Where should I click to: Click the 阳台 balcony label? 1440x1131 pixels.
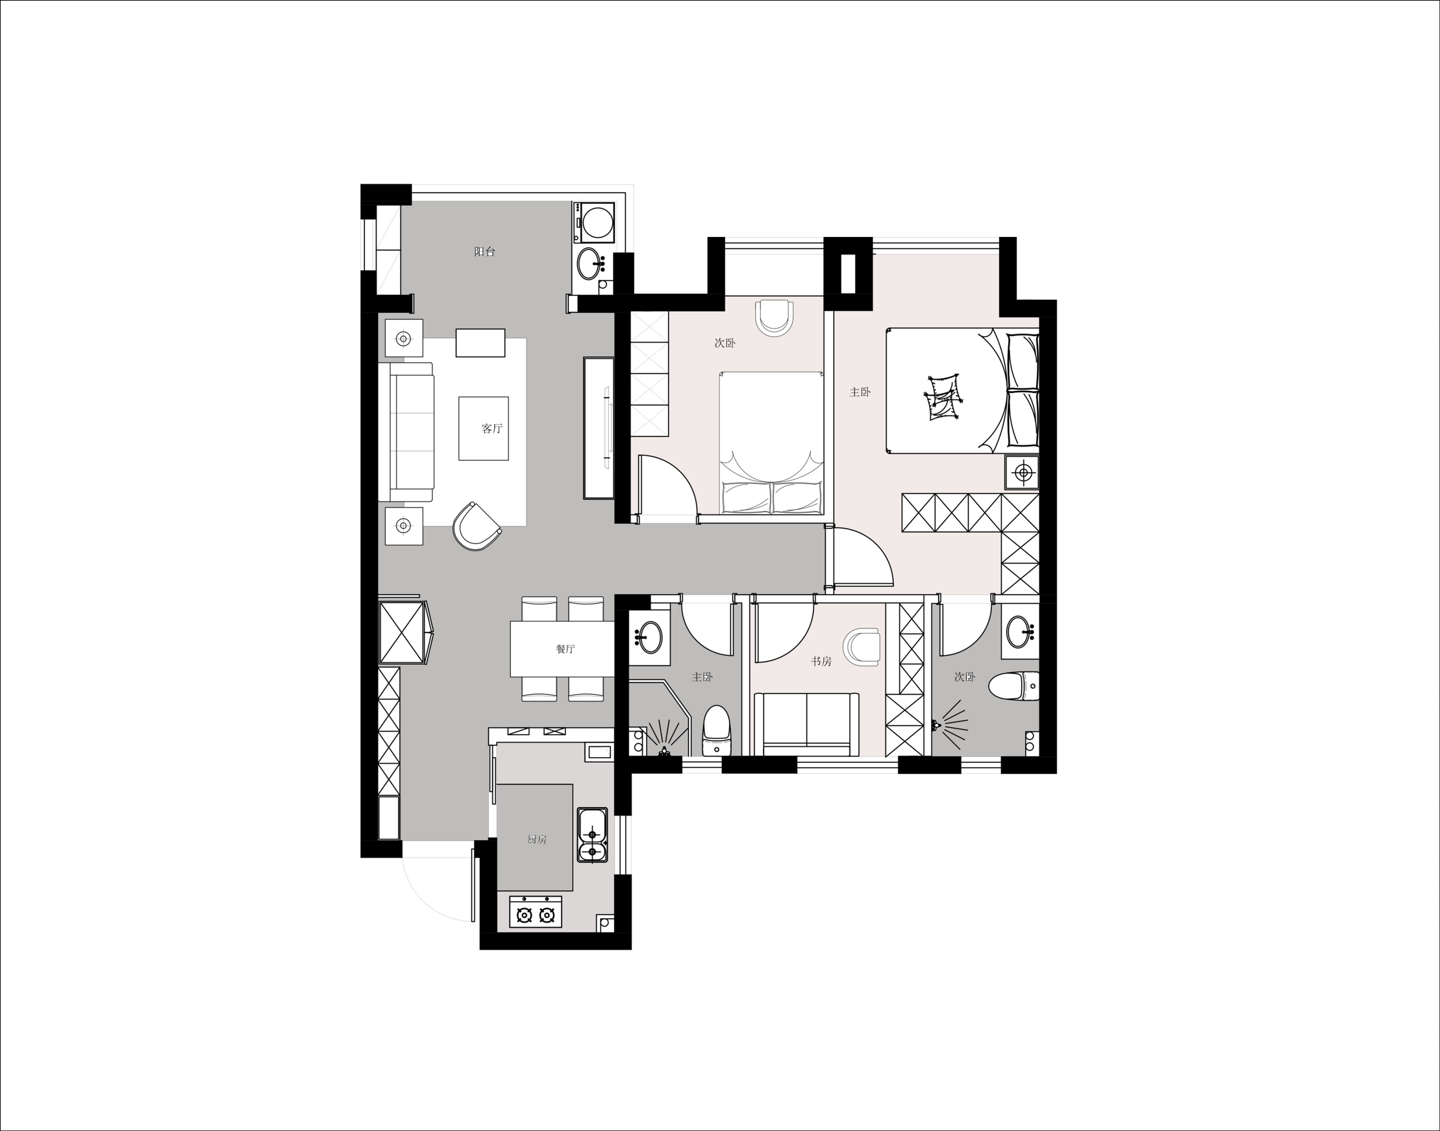tap(484, 252)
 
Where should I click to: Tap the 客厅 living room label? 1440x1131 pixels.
tap(492, 429)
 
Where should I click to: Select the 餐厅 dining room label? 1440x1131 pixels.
tap(565, 649)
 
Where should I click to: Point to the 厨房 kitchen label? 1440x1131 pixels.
tap(537, 839)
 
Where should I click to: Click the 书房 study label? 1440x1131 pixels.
tap(821, 661)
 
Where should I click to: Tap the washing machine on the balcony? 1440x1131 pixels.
tap(595, 222)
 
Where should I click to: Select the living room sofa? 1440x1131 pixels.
tap(411, 431)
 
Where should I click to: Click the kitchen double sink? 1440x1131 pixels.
tap(592, 834)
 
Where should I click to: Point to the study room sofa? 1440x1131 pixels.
tap(806, 723)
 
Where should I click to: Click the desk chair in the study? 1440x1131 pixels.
tap(862, 645)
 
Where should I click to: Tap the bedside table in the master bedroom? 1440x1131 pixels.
tap(1024, 473)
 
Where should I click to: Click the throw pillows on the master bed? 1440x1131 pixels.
tap(943, 397)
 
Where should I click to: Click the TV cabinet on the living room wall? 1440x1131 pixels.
tap(599, 428)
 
